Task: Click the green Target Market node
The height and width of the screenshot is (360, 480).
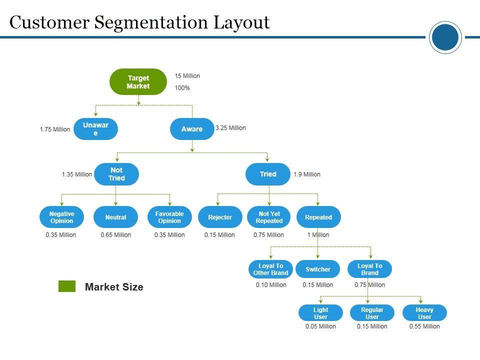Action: click(x=138, y=82)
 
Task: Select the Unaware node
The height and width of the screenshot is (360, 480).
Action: click(x=95, y=129)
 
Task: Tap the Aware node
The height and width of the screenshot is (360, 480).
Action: click(x=192, y=129)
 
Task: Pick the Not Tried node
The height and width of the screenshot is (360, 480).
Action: click(x=116, y=174)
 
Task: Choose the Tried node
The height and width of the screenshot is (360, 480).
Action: click(x=268, y=174)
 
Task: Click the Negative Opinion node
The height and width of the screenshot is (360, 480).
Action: click(x=61, y=217)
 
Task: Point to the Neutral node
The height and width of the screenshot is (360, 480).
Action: click(x=115, y=217)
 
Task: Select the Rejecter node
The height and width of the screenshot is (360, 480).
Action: click(x=220, y=217)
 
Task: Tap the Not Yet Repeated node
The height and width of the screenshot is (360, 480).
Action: click(x=269, y=217)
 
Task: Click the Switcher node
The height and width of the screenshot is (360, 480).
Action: click(x=318, y=269)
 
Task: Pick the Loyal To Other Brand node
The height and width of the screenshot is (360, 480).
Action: click(x=270, y=269)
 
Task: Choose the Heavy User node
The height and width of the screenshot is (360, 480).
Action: click(x=424, y=313)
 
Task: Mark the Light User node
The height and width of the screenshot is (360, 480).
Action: click(x=320, y=313)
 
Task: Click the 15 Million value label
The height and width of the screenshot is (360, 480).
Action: click(x=187, y=76)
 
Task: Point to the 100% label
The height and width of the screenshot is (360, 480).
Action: click(x=182, y=88)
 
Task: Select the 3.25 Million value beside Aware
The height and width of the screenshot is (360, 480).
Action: click(x=230, y=128)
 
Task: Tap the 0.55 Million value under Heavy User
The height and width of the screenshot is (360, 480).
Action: click(x=424, y=326)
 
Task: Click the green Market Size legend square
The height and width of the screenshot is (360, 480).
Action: click(x=67, y=286)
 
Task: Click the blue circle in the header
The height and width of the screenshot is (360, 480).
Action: click(x=445, y=37)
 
